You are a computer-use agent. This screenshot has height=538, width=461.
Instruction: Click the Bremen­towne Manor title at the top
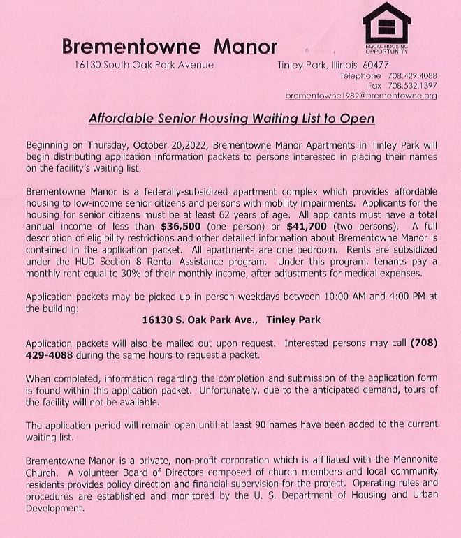pyautogui.click(x=169, y=47)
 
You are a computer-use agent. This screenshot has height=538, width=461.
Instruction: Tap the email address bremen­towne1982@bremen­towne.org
pyautogui.click(x=361, y=95)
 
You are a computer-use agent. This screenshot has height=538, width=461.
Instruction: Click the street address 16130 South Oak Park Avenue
pyautogui.click(x=144, y=65)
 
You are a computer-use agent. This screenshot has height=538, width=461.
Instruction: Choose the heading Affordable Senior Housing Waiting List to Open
pyautogui.click(x=231, y=118)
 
